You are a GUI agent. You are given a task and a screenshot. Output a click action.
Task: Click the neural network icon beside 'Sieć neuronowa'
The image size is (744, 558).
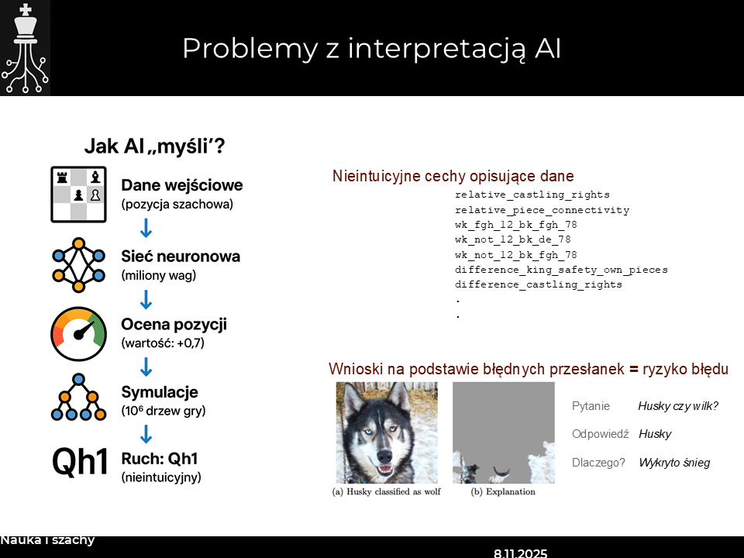77,266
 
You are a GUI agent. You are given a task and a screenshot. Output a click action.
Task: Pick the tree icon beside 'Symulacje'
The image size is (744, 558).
77,398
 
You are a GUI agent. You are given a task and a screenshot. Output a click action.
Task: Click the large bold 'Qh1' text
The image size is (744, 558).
80,463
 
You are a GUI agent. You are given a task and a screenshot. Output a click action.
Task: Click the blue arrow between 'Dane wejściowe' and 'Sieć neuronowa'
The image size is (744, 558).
145,229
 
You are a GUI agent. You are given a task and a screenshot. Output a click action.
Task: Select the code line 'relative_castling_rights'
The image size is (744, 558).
532,195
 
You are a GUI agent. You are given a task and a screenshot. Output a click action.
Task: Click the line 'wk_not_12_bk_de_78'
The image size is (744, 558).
512,239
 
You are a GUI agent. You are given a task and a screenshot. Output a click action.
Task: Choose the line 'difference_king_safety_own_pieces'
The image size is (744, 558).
561,270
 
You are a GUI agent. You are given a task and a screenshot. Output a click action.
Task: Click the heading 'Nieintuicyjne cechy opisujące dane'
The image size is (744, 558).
453,176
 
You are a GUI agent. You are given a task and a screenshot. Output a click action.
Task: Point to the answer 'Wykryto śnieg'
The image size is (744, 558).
673,463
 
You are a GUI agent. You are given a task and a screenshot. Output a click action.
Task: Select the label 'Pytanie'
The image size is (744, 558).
591,405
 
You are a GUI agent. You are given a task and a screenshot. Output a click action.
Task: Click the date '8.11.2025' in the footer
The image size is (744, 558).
520,553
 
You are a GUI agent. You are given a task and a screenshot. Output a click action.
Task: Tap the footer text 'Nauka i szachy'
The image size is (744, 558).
47,540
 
